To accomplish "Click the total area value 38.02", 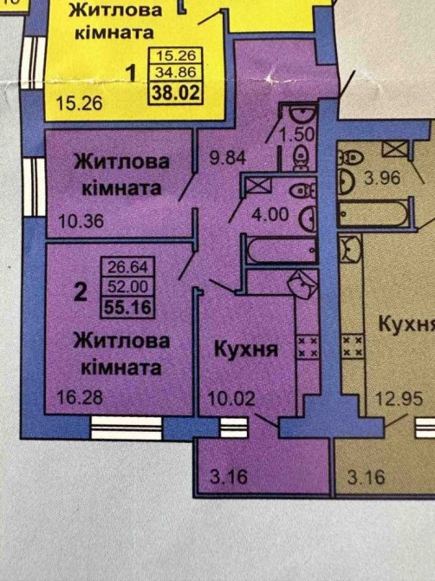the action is tap(176, 93).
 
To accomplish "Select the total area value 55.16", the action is tap(128, 307).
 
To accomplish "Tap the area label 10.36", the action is tap(81, 221).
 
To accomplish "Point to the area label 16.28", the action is tap(80, 397).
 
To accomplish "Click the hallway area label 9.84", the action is tap(228, 158).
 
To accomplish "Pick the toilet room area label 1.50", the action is tap(297, 134).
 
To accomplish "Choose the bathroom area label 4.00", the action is tap(270, 214).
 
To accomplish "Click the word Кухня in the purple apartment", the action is tap(246, 349).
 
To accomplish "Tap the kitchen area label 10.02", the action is tap(231, 398).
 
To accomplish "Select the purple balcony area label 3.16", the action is tap(229, 477).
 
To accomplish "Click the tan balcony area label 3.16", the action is tap(367, 477).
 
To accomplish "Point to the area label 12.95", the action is tap(399, 399).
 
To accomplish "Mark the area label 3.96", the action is tap(382, 178).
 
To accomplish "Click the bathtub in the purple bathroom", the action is tap(282, 251).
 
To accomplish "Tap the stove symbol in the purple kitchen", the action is tap(308, 347).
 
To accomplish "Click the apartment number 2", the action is tap(81, 291).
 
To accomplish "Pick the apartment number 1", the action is tap(132, 73).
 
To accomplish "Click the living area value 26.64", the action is tap(127, 266).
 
